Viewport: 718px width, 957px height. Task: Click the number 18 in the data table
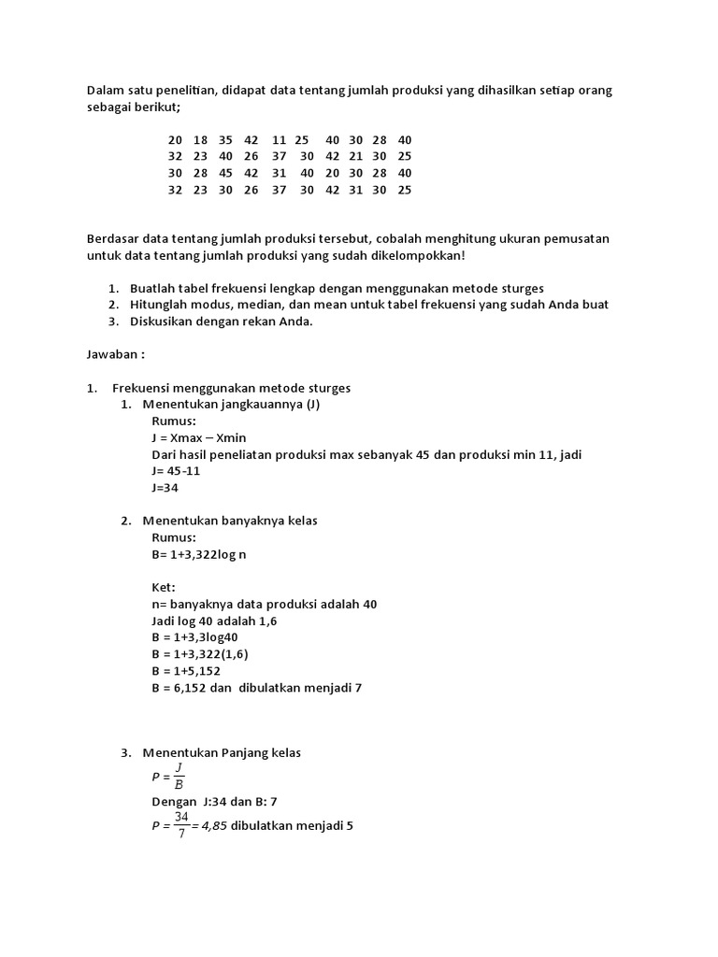point(201,139)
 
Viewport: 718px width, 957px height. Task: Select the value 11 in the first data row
point(280,139)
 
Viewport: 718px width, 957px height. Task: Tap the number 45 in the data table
point(226,173)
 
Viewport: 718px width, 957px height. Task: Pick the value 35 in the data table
point(226,139)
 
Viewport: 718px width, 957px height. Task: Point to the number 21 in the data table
point(356,156)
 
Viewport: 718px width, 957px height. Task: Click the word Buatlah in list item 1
point(152,288)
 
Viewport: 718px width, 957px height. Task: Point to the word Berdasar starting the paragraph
point(113,238)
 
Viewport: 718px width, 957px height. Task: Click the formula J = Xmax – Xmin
point(198,437)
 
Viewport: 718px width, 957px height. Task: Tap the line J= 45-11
point(176,471)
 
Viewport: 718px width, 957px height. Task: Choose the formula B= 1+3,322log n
point(199,554)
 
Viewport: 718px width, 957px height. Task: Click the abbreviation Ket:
point(164,588)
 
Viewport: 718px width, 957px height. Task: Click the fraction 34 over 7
point(180,825)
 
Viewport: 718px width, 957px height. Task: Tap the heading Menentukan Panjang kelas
point(222,753)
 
